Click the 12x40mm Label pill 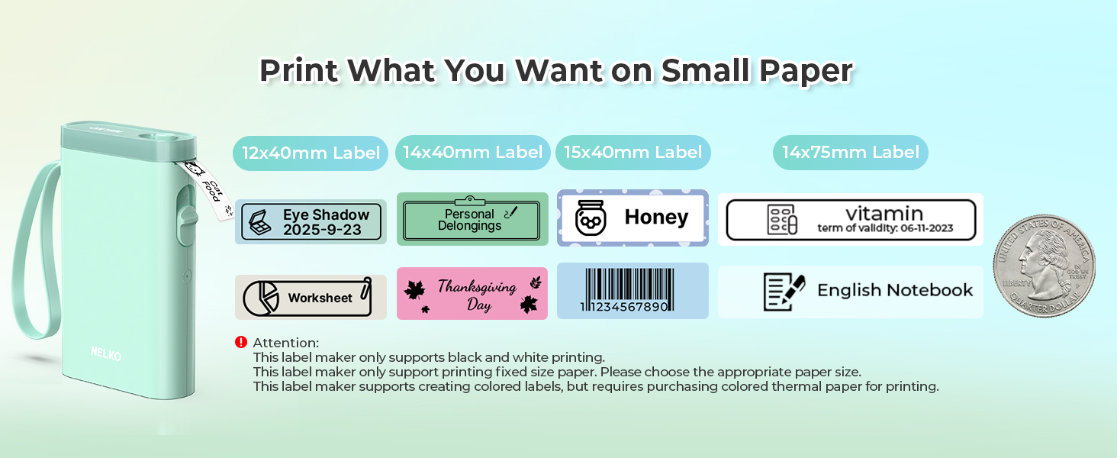(311, 153)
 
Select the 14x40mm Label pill (473, 153)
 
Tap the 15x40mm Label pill (633, 153)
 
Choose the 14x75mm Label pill (851, 153)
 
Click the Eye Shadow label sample (311, 222)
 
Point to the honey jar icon (590, 218)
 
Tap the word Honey (656, 218)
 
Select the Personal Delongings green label (472, 219)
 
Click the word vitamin (884, 213)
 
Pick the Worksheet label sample (311, 297)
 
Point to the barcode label (633, 291)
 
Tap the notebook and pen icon (784, 292)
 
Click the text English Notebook (895, 290)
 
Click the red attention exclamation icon (241, 342)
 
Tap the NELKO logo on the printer (105, 354)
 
